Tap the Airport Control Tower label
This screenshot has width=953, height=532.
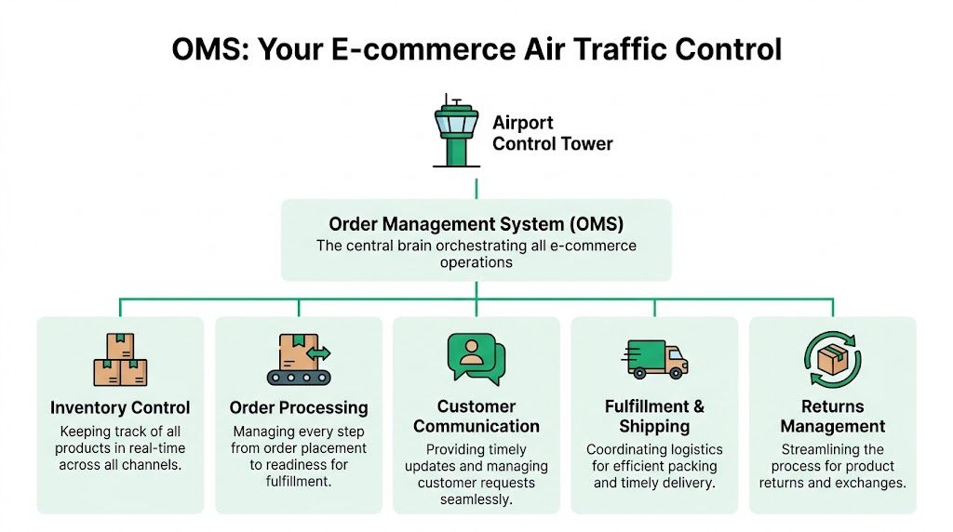click(x=552, y=133)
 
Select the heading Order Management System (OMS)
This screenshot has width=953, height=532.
click(x=476, y=224)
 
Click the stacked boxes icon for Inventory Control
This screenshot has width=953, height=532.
click(x=120, y=360)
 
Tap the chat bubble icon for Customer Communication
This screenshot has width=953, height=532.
click(x=476, y=357)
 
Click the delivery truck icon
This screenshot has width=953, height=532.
click(x=654, y=359)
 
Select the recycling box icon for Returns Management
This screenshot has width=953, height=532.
click(x=832, y=359)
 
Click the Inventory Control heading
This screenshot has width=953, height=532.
click(x=120, y=407)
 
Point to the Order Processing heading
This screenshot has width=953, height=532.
click(x=298, y=407)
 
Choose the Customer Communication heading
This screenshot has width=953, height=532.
click(x=476, y=417)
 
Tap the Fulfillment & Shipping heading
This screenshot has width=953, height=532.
click(x=654, y=417)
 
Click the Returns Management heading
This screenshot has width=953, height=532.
click(x=832, y=417)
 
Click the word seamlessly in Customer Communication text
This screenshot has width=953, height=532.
click(x=476, y=499)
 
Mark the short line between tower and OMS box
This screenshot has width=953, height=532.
click(x=476, y=188)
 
